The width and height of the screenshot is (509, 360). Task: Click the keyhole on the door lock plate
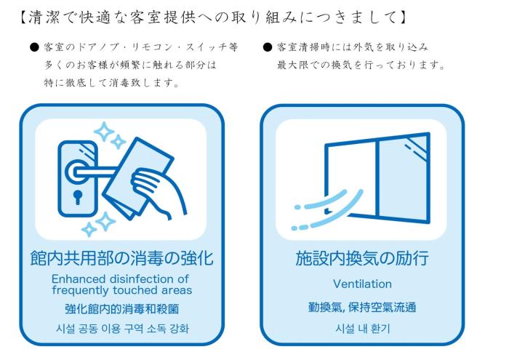(x=78, y=196)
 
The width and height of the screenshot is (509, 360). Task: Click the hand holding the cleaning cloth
(x=156, y=191)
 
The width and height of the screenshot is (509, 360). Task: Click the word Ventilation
(x=362, y=284)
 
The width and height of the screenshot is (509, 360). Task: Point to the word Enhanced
(x=79, y=279)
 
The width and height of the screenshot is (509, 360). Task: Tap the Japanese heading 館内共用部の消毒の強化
(x=121, y=258)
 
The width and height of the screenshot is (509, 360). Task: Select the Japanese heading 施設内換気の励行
(x=362, y=258)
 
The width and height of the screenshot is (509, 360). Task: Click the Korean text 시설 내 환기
(x=362, y=329)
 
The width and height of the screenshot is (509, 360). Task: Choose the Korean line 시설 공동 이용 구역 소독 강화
(x=122, y=329)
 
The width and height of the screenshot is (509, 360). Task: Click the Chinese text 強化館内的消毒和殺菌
(x=121, y=308)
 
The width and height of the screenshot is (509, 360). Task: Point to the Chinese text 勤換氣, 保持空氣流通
(x=362, y=307)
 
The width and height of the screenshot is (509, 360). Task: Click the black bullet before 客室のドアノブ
(x=34, y=47)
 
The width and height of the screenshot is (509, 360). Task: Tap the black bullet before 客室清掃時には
(x=268, y=47)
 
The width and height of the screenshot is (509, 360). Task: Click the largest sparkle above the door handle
(x=104, y=132)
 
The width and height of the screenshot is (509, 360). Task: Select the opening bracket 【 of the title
(x=23, y=17)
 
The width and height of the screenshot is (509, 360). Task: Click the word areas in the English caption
(x=177, y=290)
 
